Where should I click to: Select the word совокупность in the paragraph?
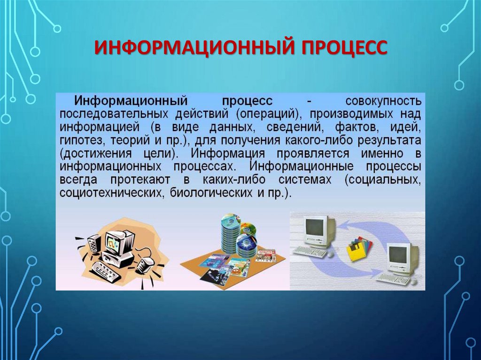point(383,101)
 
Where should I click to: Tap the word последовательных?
point(114,115)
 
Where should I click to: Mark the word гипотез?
point(82,141)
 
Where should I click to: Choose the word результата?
point(389,141)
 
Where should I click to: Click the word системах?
point(305,180)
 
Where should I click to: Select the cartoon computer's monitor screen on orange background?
point(114,241)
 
